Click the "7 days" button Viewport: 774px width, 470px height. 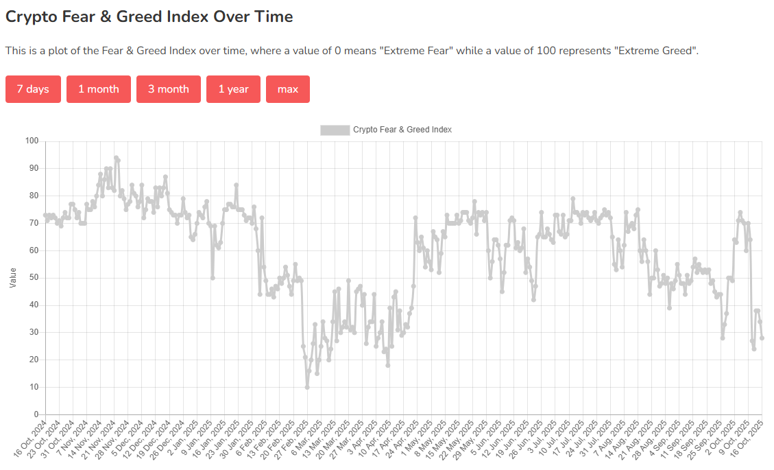tap(33, 89)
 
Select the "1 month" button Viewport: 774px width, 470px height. tap(99, 89)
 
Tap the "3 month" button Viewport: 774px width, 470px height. tap(169, 89)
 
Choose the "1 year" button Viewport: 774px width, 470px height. tap(233, 89)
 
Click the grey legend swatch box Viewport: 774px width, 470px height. tap(335, 130)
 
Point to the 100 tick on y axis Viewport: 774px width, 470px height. tap(32, 141)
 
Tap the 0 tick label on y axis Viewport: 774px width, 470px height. tap(36, 414)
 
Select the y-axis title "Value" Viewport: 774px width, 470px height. tap(13, 278)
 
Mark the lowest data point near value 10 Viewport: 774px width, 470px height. tap(307, 387)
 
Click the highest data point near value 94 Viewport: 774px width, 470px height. tap(116, 158)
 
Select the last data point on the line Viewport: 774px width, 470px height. tap(762, 338)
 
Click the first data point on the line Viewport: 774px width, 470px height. tap(45, 215)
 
